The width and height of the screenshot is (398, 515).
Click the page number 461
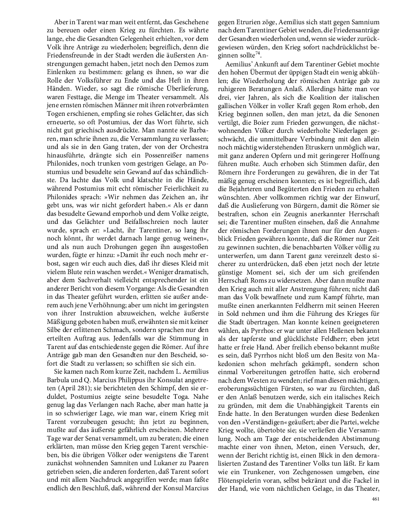(x=375, y=499)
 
